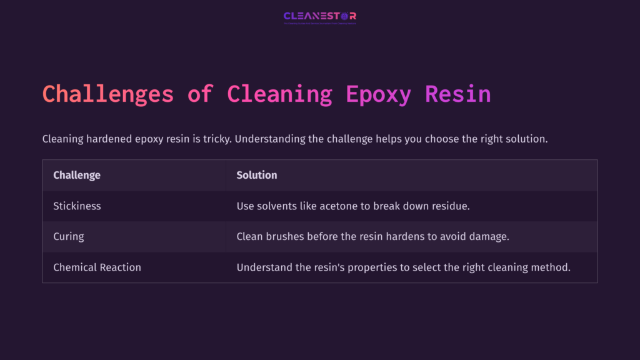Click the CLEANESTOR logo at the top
pos(320,16)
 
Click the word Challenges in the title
pos(107,94)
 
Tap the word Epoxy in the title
pos(378,94)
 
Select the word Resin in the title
pos(457,94)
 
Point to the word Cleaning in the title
pos(279,94)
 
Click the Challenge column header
pos(77,175)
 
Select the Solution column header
pos(256,175)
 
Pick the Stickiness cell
pos(77,206)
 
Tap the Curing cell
pos(69,236)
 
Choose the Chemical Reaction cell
pos(97,267)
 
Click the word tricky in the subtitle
pos(217,139)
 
